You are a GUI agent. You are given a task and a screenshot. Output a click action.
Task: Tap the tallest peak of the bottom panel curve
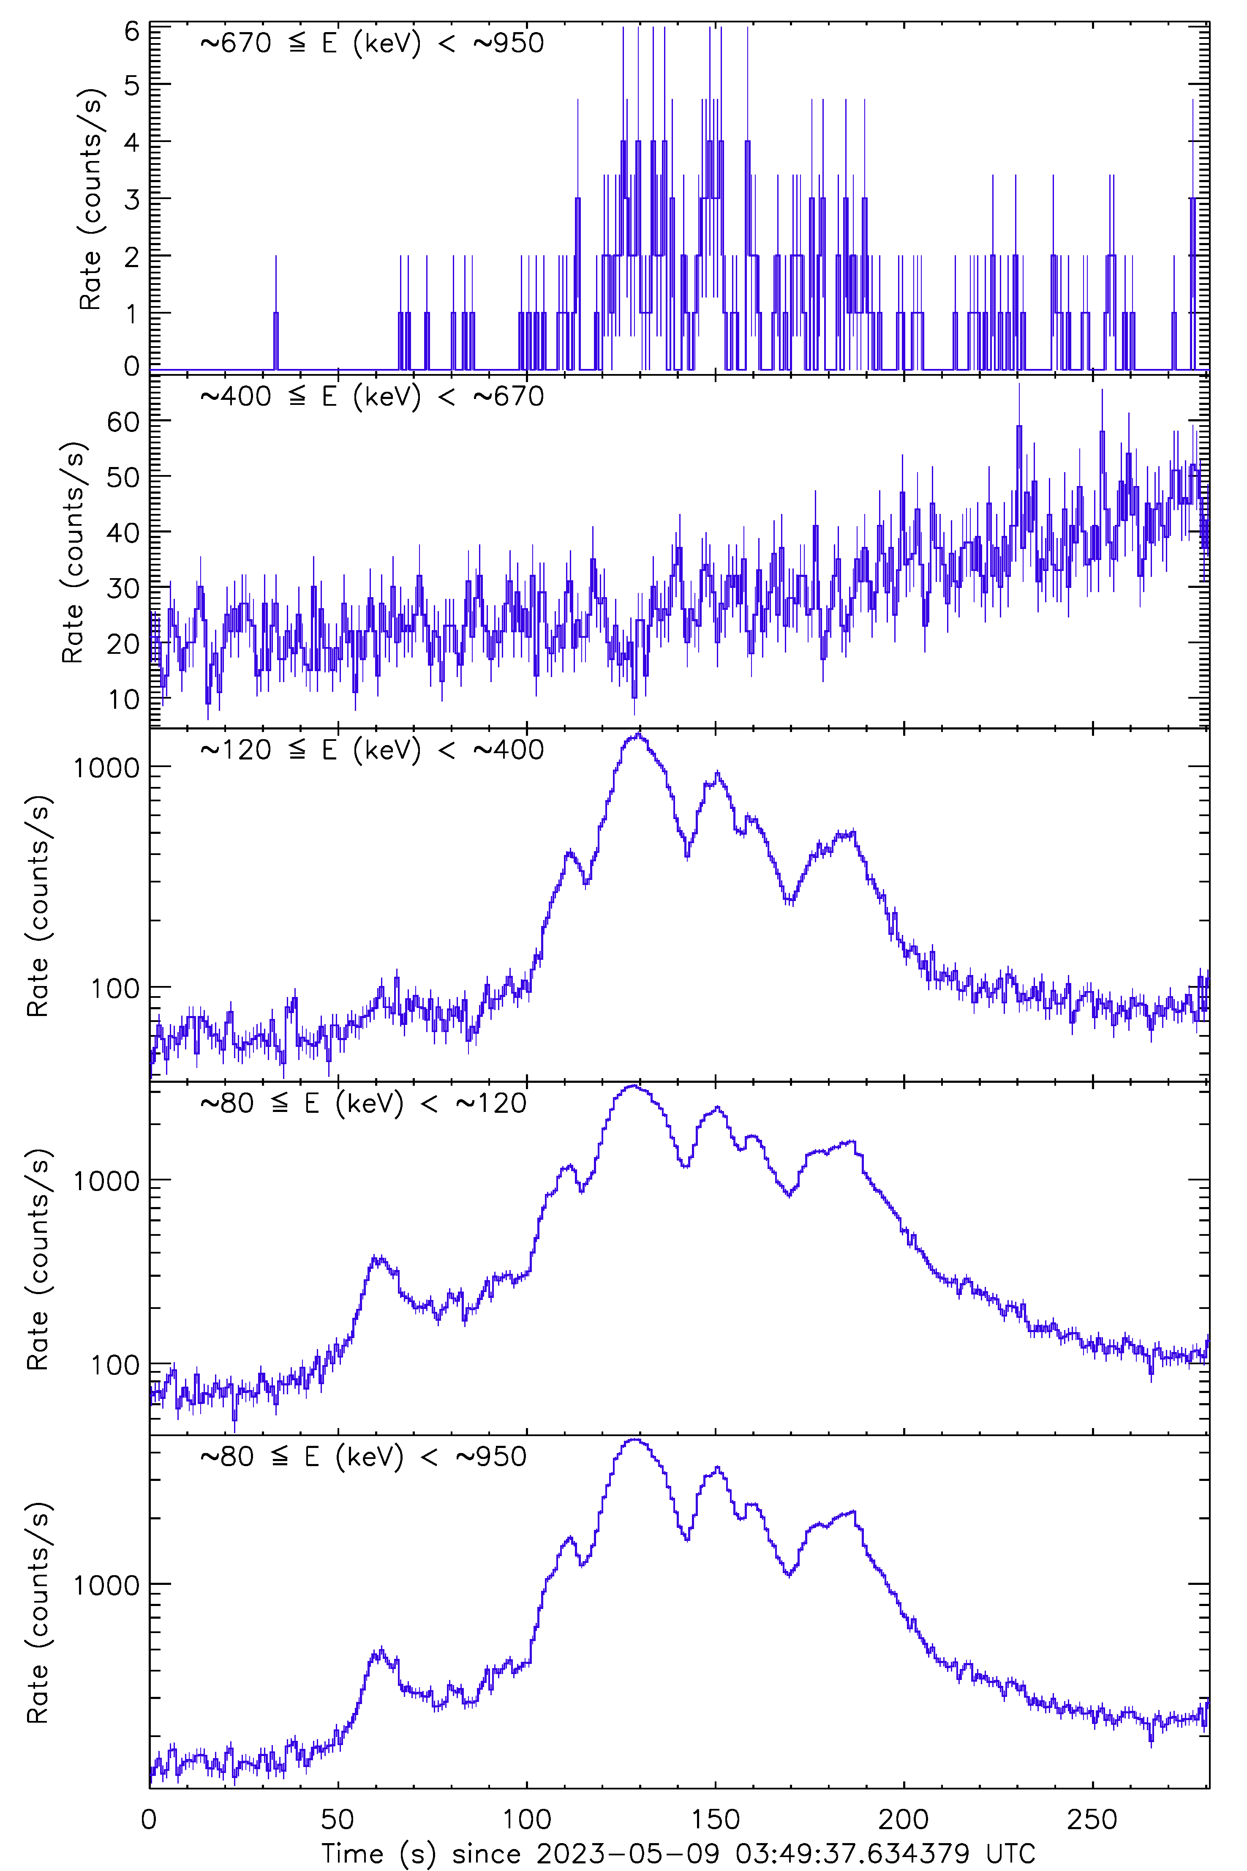pos(634,1440)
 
